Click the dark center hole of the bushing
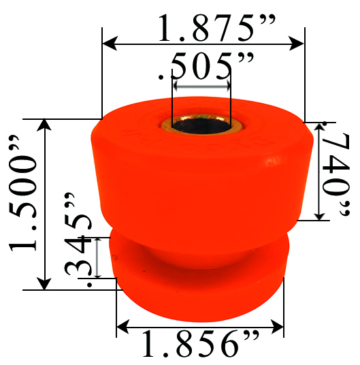[201, 127]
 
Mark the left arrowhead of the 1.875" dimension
[108, 44]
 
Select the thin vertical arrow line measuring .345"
[99, 257]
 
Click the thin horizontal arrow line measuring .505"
[201, 87]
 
